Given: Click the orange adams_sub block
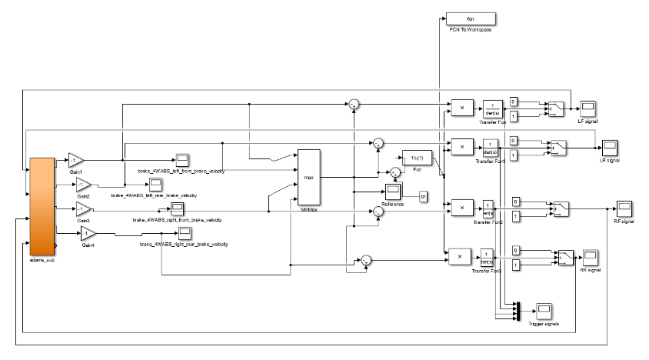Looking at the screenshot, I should (x=42, y=205).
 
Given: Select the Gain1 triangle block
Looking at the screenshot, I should (x=75, y=159).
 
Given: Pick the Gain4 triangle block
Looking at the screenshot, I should (x=88, y=233).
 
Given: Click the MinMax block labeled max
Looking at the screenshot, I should (x=309, y=177).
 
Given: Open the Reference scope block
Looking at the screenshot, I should (x=393, y=192).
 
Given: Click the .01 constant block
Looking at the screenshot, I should (x=423, y=198).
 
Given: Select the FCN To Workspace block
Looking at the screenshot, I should (x=471, y=18).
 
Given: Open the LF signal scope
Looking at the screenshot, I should (x=587, y=107).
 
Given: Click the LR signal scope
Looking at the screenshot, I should (x=610, y=146).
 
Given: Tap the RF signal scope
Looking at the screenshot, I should (x=623, y=208).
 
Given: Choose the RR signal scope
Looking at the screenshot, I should (x=590, y=255).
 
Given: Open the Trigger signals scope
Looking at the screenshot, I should (x=544, y=309).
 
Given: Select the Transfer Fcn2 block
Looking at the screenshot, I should (x=488, y=208).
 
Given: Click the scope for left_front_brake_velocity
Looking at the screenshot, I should (x=182, y=159).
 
